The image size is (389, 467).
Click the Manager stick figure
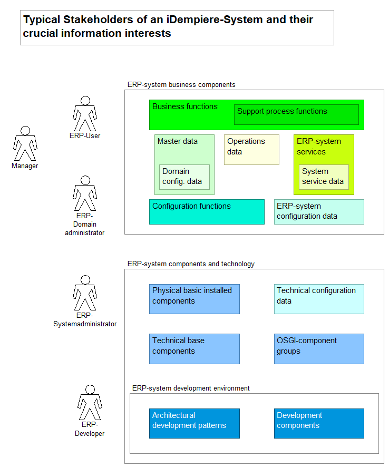pyautogui.click(x=25, y=143)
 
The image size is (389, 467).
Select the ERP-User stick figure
pyautogui.click(x=85, y=114)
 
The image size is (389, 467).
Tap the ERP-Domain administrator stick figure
pyautogui.click(x=85, y=193)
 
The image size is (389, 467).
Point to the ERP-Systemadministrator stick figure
pyautogui.click(x=85, y=294)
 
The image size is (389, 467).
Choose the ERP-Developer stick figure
pyautogui.click(x=90, y=403)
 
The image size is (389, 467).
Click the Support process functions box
pyautogui.click(x=296, y=114)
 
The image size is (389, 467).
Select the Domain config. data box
pyautogui.click(x=184, y=177)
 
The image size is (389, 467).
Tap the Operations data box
pyautogui.click(x=251, y=150)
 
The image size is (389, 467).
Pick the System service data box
pyautogui.click(x=324, y=177)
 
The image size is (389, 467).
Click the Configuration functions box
pyautogui.click(x=207, y=212)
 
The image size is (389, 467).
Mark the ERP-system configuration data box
pyautogui.click(x=319, y=212)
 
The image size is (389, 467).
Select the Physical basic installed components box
pyautogui.click(x=194, y=299)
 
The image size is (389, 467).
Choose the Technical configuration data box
pyautogui.click(x=319, y=299)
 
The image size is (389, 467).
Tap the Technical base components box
pyautogui.click(x=194, y=348)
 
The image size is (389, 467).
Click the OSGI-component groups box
pyautogui.click(x=319, y=348)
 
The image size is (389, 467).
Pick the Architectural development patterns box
pyautogui.click(x=194, y=423)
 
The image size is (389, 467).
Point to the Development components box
pyautogui.click(x=319, y=423)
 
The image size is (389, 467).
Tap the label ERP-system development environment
pyautogui.click(x=190, y=388)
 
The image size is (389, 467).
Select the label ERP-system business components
pyautogui.click(x=181, y=84)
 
